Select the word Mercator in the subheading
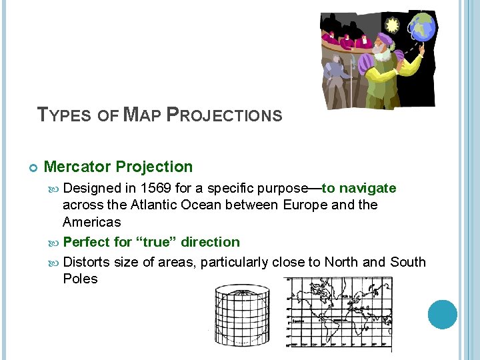(77, 167)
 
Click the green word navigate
(367, 189)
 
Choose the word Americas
(92, 222)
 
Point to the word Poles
(80, 279)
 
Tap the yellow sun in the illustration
(392, 25)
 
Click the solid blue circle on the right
(443, 314)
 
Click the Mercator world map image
(337, 314)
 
